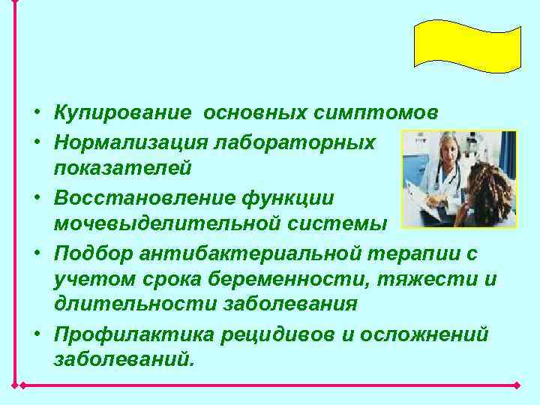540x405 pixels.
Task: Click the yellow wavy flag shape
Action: click(467, 44)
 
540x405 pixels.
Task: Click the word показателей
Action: click(122, 169)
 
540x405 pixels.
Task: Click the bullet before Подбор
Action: click(36, 253)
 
